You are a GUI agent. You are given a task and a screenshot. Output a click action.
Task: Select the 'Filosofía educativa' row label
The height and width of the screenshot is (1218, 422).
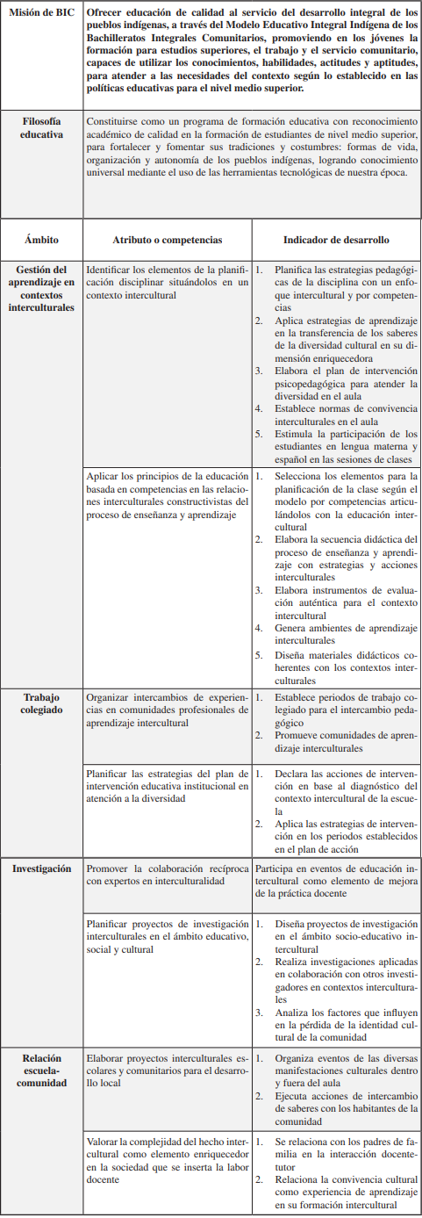(x=41, y=127)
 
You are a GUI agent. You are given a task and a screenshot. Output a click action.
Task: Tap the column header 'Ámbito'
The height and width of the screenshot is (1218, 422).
(x=41, y=239)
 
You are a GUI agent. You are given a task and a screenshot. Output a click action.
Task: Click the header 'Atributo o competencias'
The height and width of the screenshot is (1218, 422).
(x=167, y=239)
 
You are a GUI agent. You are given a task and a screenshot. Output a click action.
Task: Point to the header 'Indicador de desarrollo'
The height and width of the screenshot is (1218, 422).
(x=336, y=239)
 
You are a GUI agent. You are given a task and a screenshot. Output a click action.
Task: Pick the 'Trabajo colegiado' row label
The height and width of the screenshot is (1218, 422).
(x=41, y=703)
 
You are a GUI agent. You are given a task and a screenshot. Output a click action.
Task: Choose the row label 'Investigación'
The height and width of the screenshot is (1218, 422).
(x=41, y=868)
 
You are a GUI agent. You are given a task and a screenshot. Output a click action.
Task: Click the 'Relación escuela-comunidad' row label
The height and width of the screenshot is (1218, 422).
(x=41, y=1070)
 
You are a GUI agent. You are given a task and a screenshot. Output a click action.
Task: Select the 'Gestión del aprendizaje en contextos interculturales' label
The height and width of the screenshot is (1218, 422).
(x=41, y=288)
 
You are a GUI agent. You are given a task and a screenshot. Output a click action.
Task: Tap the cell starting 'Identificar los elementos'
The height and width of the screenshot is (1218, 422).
(x=167, y=282)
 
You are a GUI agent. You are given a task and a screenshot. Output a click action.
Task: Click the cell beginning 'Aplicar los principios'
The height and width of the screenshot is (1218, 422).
(x=167, y=495)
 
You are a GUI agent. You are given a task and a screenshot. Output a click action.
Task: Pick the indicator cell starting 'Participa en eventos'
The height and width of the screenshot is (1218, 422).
(x=336, y=880)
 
